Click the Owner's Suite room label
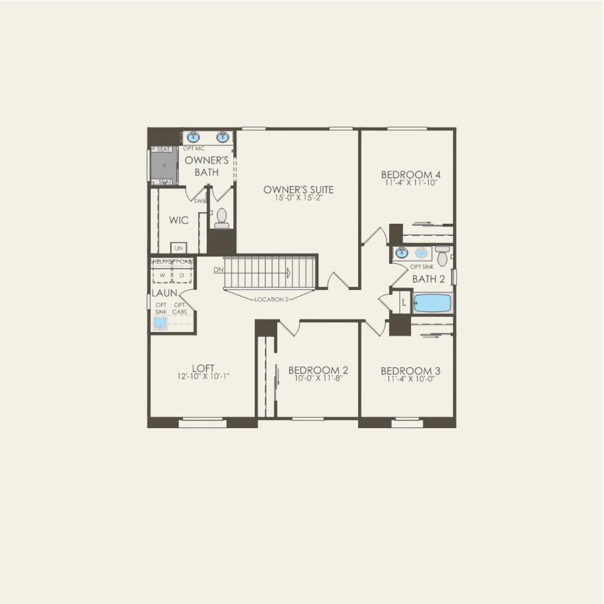tap(298, 189)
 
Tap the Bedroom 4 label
tap(411, 174)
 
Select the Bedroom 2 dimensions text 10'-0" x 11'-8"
tap(318, 378)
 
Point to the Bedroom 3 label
tap(410, 371)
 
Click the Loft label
tap(203, 368)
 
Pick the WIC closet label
tap(178, 220)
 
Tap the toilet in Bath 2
tap(442, 256)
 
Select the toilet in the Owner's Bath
tap(222, 218)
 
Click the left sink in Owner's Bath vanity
tap(194, 137)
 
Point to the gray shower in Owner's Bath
tap(164, 165)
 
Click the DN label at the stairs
tap(218, 270)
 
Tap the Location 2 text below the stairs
tap(271, 300)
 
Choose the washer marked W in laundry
tap(162, 275)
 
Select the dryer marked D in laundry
tap(182, 275)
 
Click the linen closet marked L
tap(403, 303)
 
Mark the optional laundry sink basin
tap(159, 323)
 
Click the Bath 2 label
tap(428, 279)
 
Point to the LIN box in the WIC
tap(178, 248)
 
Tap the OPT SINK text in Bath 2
tap(422, 267)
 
